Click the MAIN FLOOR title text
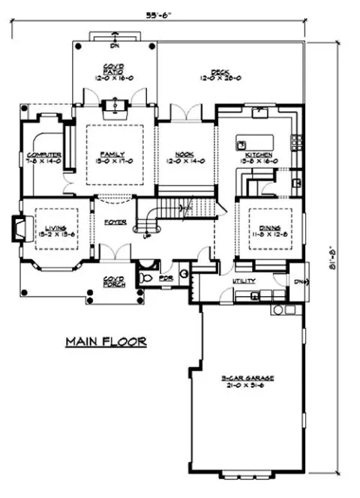[x=105, y=341]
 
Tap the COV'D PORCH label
[x=113, y=280]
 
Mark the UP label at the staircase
[x=148, y=235]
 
